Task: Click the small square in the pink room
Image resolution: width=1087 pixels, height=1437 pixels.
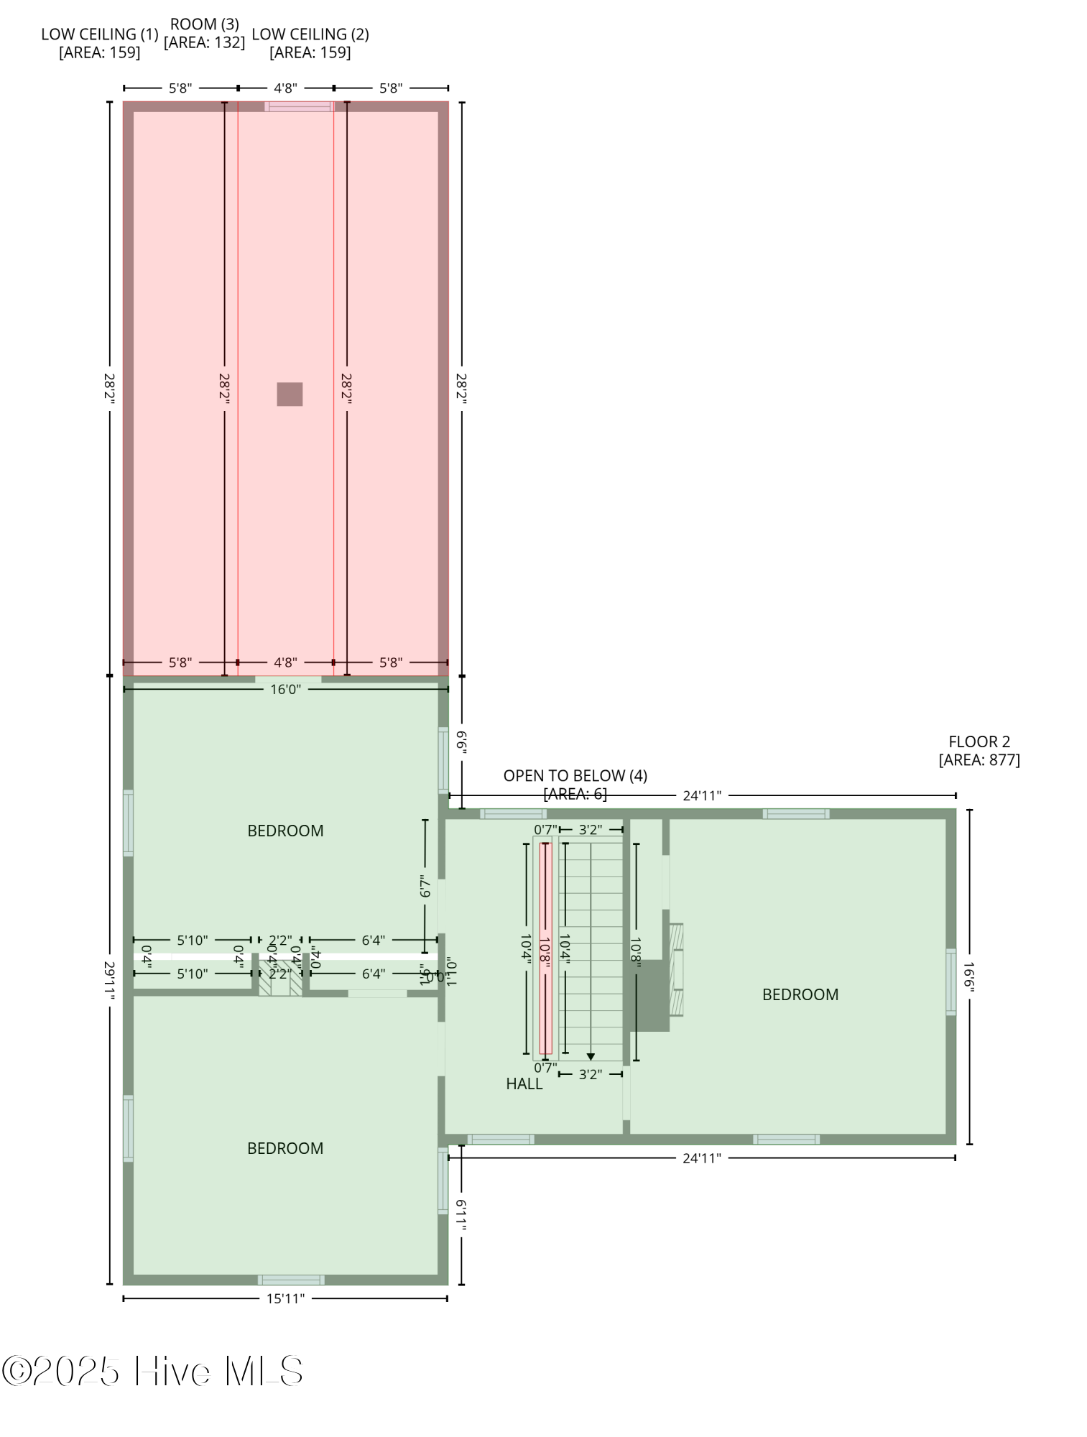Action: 290,394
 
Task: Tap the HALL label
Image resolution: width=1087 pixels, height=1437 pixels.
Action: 524,1084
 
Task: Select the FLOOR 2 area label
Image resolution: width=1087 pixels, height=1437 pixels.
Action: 979,751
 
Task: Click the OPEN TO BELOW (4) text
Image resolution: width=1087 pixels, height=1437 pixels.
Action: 575,776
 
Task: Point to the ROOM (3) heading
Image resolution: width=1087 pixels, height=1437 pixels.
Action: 205,25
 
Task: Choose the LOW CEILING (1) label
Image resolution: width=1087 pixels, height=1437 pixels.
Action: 99,34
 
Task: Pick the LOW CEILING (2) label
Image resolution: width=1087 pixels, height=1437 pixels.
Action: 310,34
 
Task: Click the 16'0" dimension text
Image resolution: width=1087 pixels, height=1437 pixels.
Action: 285,690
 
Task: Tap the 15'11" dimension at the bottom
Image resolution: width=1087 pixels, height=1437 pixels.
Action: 285,1298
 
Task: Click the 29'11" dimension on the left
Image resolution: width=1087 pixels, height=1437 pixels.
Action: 109,980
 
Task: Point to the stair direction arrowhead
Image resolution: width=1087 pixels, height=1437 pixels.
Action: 591,1057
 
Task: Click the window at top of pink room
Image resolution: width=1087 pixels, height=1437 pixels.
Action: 299,106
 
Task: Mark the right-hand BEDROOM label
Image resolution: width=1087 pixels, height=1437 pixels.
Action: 800,994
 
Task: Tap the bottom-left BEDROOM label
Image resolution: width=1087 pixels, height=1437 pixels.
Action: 285,1148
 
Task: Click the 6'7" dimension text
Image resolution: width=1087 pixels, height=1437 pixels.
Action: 425,888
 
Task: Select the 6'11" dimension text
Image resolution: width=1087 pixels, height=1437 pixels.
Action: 461,1215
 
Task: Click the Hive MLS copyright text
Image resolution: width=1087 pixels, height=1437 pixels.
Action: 152,1371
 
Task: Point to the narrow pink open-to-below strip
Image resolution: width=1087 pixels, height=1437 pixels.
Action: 546,948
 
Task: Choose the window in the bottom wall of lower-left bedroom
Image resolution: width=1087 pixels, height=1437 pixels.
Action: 291,1280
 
